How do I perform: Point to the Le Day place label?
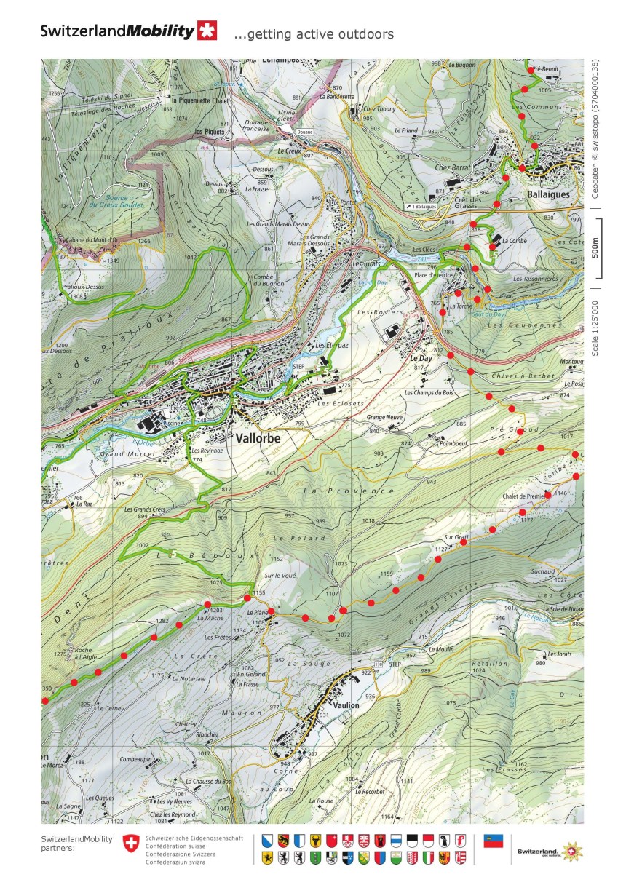[421, 359]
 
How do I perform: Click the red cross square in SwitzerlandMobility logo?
[207, 31]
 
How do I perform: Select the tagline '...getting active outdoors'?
[314, 34]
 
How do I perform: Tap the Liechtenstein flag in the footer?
[494, 841]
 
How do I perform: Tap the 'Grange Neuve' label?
[385, 418]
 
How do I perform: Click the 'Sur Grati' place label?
[456, 537]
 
